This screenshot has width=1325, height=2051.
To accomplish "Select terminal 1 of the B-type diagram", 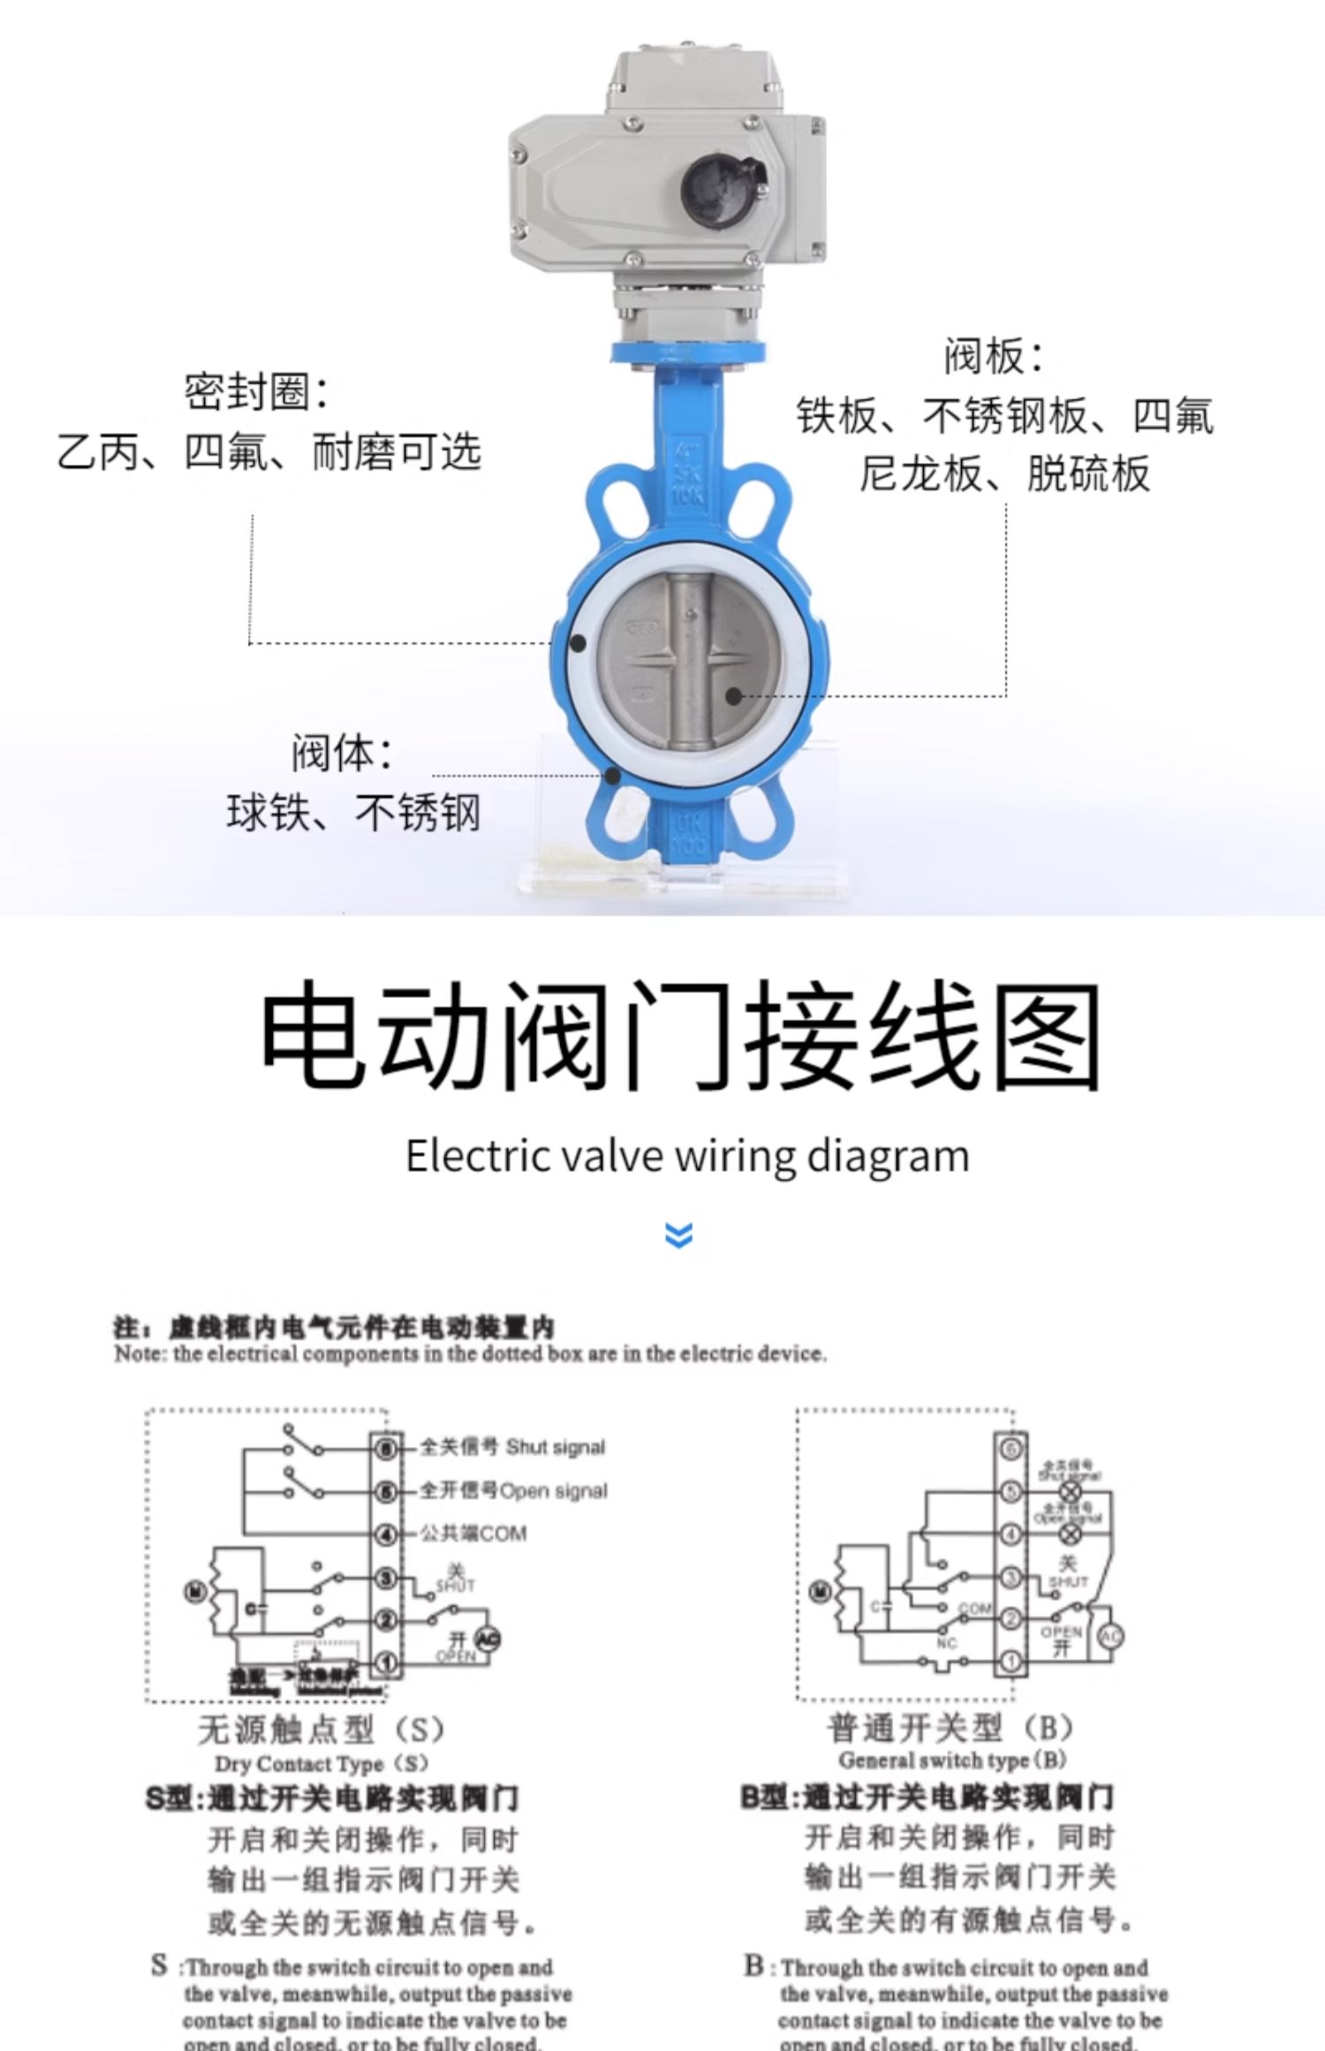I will [x=1011, y=1661].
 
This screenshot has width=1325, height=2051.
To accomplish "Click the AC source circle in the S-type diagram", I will [x=488, y=1639].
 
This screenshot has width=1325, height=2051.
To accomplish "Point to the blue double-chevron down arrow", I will [x=678, y=1234].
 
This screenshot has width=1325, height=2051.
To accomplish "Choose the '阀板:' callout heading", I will [x=994, y=356].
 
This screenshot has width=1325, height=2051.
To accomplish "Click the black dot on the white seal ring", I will [x=578, y=643].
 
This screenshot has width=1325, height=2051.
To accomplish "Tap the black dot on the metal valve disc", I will [x=733, y=696].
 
